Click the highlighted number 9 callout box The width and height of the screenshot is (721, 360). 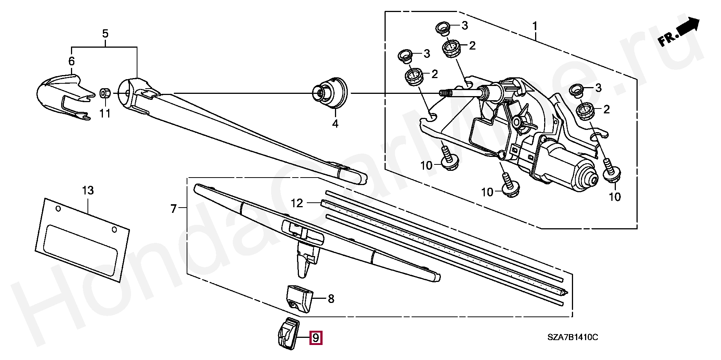(316, 338)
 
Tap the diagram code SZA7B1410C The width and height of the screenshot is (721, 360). (572, 337)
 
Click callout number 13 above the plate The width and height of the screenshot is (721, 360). (88, 190)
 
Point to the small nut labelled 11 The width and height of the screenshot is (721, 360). (105, 93)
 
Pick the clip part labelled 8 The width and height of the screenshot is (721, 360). (299, 298)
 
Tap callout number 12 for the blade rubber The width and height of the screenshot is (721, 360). (297, 203)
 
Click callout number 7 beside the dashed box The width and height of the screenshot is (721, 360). (173, 208)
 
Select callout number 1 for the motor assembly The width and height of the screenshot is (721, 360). (534, 26)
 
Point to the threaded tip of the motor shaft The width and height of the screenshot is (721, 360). (445, 93)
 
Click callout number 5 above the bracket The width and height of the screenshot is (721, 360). (105, 33)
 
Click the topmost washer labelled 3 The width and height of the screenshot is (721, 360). (444, 28)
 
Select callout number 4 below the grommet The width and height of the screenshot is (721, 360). (335, 123)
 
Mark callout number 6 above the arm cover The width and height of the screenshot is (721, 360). (71, 61)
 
